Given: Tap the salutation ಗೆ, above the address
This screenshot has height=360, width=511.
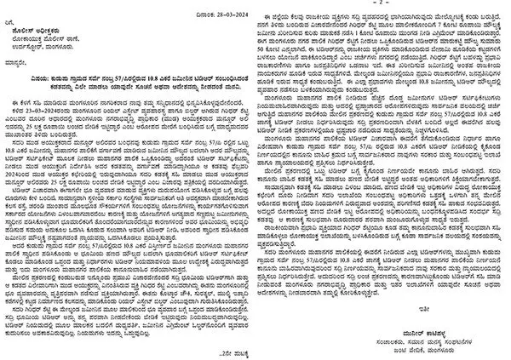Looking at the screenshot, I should point(13,17).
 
